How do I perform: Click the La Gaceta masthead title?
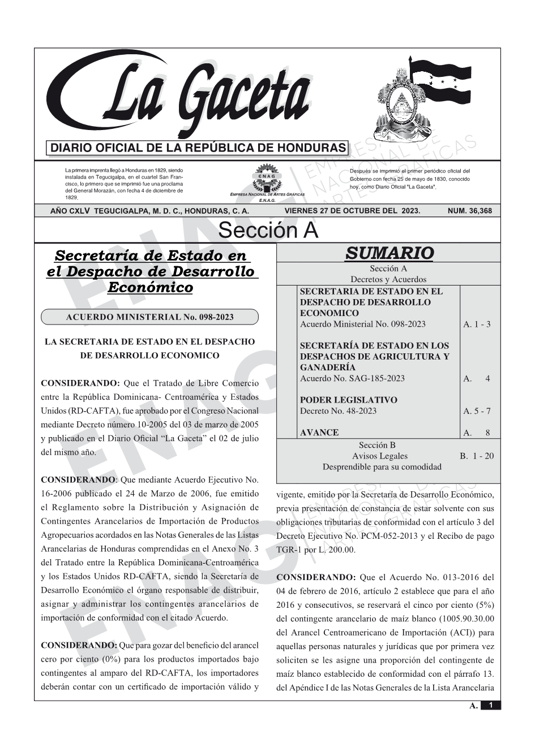187,96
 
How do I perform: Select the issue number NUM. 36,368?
469,211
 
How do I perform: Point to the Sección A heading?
268,231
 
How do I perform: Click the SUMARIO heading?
389,253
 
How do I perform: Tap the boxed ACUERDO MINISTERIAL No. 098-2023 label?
149,317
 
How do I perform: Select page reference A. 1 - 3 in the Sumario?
477,325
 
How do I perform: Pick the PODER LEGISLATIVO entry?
348,400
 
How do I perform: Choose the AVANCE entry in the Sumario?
319,433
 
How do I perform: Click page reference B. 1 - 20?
477,456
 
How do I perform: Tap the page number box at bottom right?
490,705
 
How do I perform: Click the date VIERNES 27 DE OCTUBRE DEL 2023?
352,211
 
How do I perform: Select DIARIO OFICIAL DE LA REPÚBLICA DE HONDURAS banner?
198,148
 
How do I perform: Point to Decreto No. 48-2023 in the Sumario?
338,411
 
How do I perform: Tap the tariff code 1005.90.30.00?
463,619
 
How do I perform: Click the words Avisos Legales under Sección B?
379,456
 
